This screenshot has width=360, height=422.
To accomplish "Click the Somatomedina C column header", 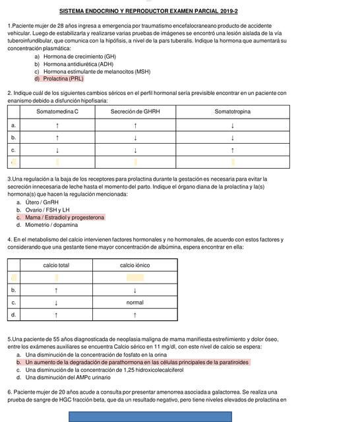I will coord(57,111).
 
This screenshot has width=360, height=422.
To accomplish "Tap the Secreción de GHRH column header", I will coord(135,111).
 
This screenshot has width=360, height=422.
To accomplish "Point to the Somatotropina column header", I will coord(232,111).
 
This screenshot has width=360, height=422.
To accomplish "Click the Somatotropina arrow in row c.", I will coord(232,150).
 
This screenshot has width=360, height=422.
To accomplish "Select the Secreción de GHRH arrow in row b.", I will coord(135,138).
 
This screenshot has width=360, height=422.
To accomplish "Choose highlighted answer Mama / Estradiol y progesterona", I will coord(65,217).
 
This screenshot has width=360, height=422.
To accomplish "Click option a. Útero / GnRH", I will coord(45,202).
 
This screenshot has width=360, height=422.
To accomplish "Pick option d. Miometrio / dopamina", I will coord(56,224).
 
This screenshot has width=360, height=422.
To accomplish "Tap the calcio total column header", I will coord(56,265).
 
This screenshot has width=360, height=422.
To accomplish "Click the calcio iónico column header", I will coord(135,265).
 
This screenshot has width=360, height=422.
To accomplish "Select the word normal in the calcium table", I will coord(135,303).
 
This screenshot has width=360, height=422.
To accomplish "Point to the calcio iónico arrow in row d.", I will coord(135,315).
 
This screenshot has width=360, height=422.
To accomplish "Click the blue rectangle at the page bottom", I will coord(150,416).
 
